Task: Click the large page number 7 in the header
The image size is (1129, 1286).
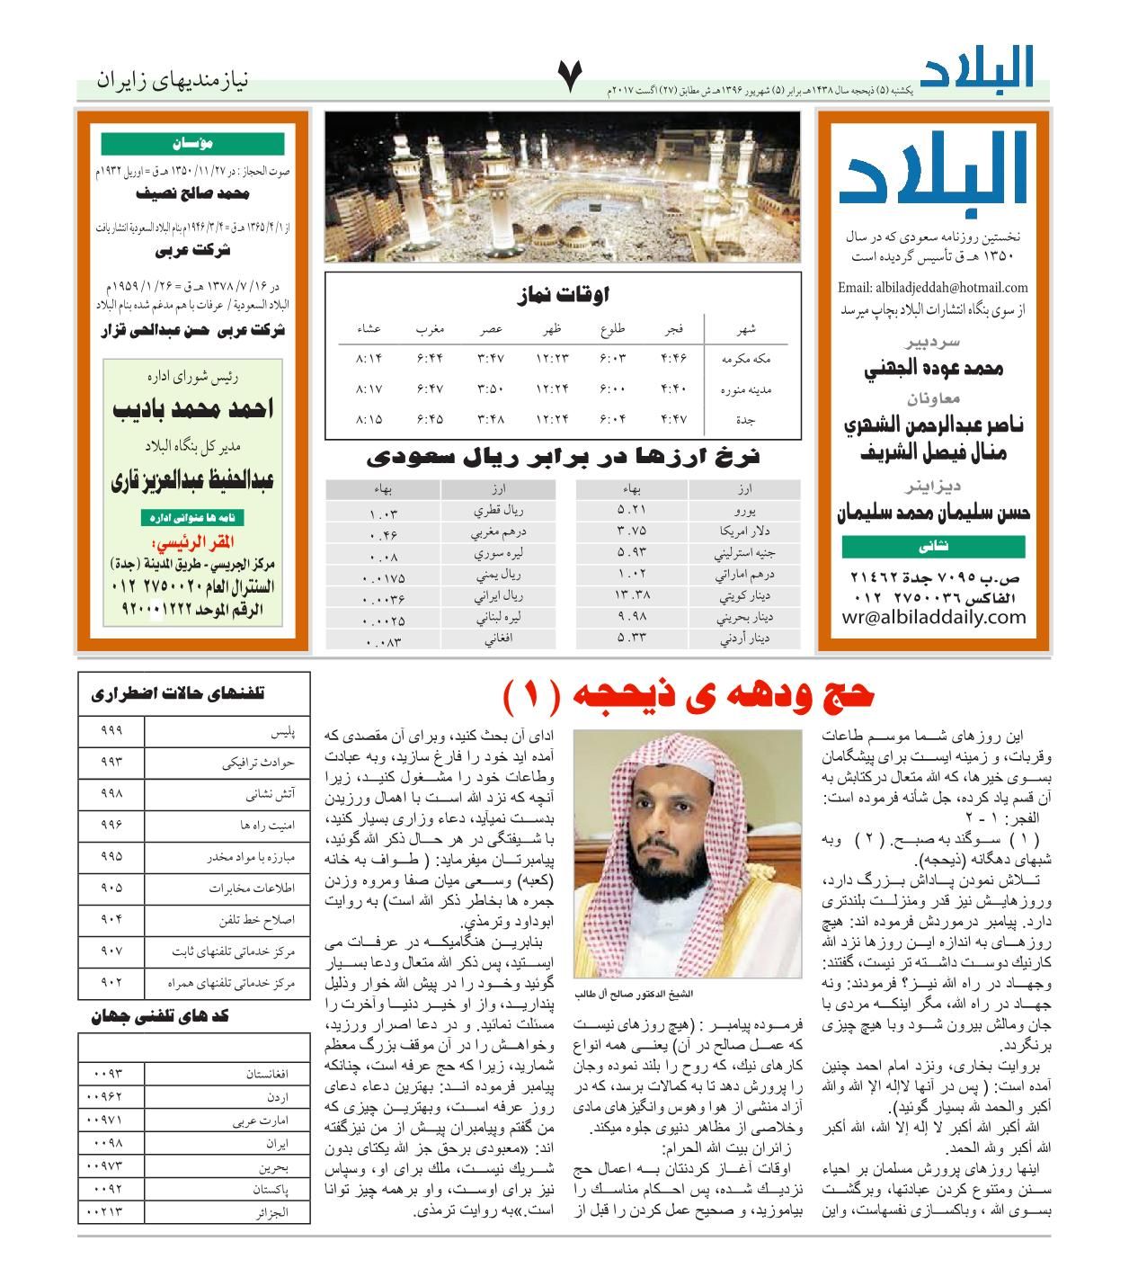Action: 571,78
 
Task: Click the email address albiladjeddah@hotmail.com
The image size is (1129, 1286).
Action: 932,288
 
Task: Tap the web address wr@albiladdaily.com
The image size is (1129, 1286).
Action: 934,617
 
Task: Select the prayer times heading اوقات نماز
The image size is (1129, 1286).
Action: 564,294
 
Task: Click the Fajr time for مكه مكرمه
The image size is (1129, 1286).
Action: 673,358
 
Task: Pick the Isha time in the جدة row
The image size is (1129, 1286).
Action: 369,419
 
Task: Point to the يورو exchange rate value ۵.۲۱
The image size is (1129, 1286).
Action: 631,510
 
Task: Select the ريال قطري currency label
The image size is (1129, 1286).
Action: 498,510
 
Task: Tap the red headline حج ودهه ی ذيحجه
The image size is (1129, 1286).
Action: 689,695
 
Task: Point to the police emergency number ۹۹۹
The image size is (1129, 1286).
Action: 111,730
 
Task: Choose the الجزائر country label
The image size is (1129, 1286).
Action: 270,1211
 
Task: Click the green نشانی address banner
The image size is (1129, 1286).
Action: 934,547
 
